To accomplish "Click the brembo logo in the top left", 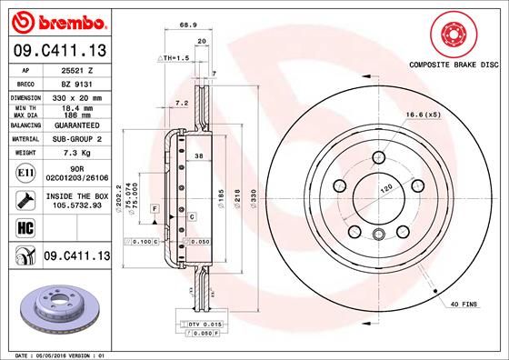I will [x=57, y=20].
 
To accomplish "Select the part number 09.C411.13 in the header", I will [x=58, y=49].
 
